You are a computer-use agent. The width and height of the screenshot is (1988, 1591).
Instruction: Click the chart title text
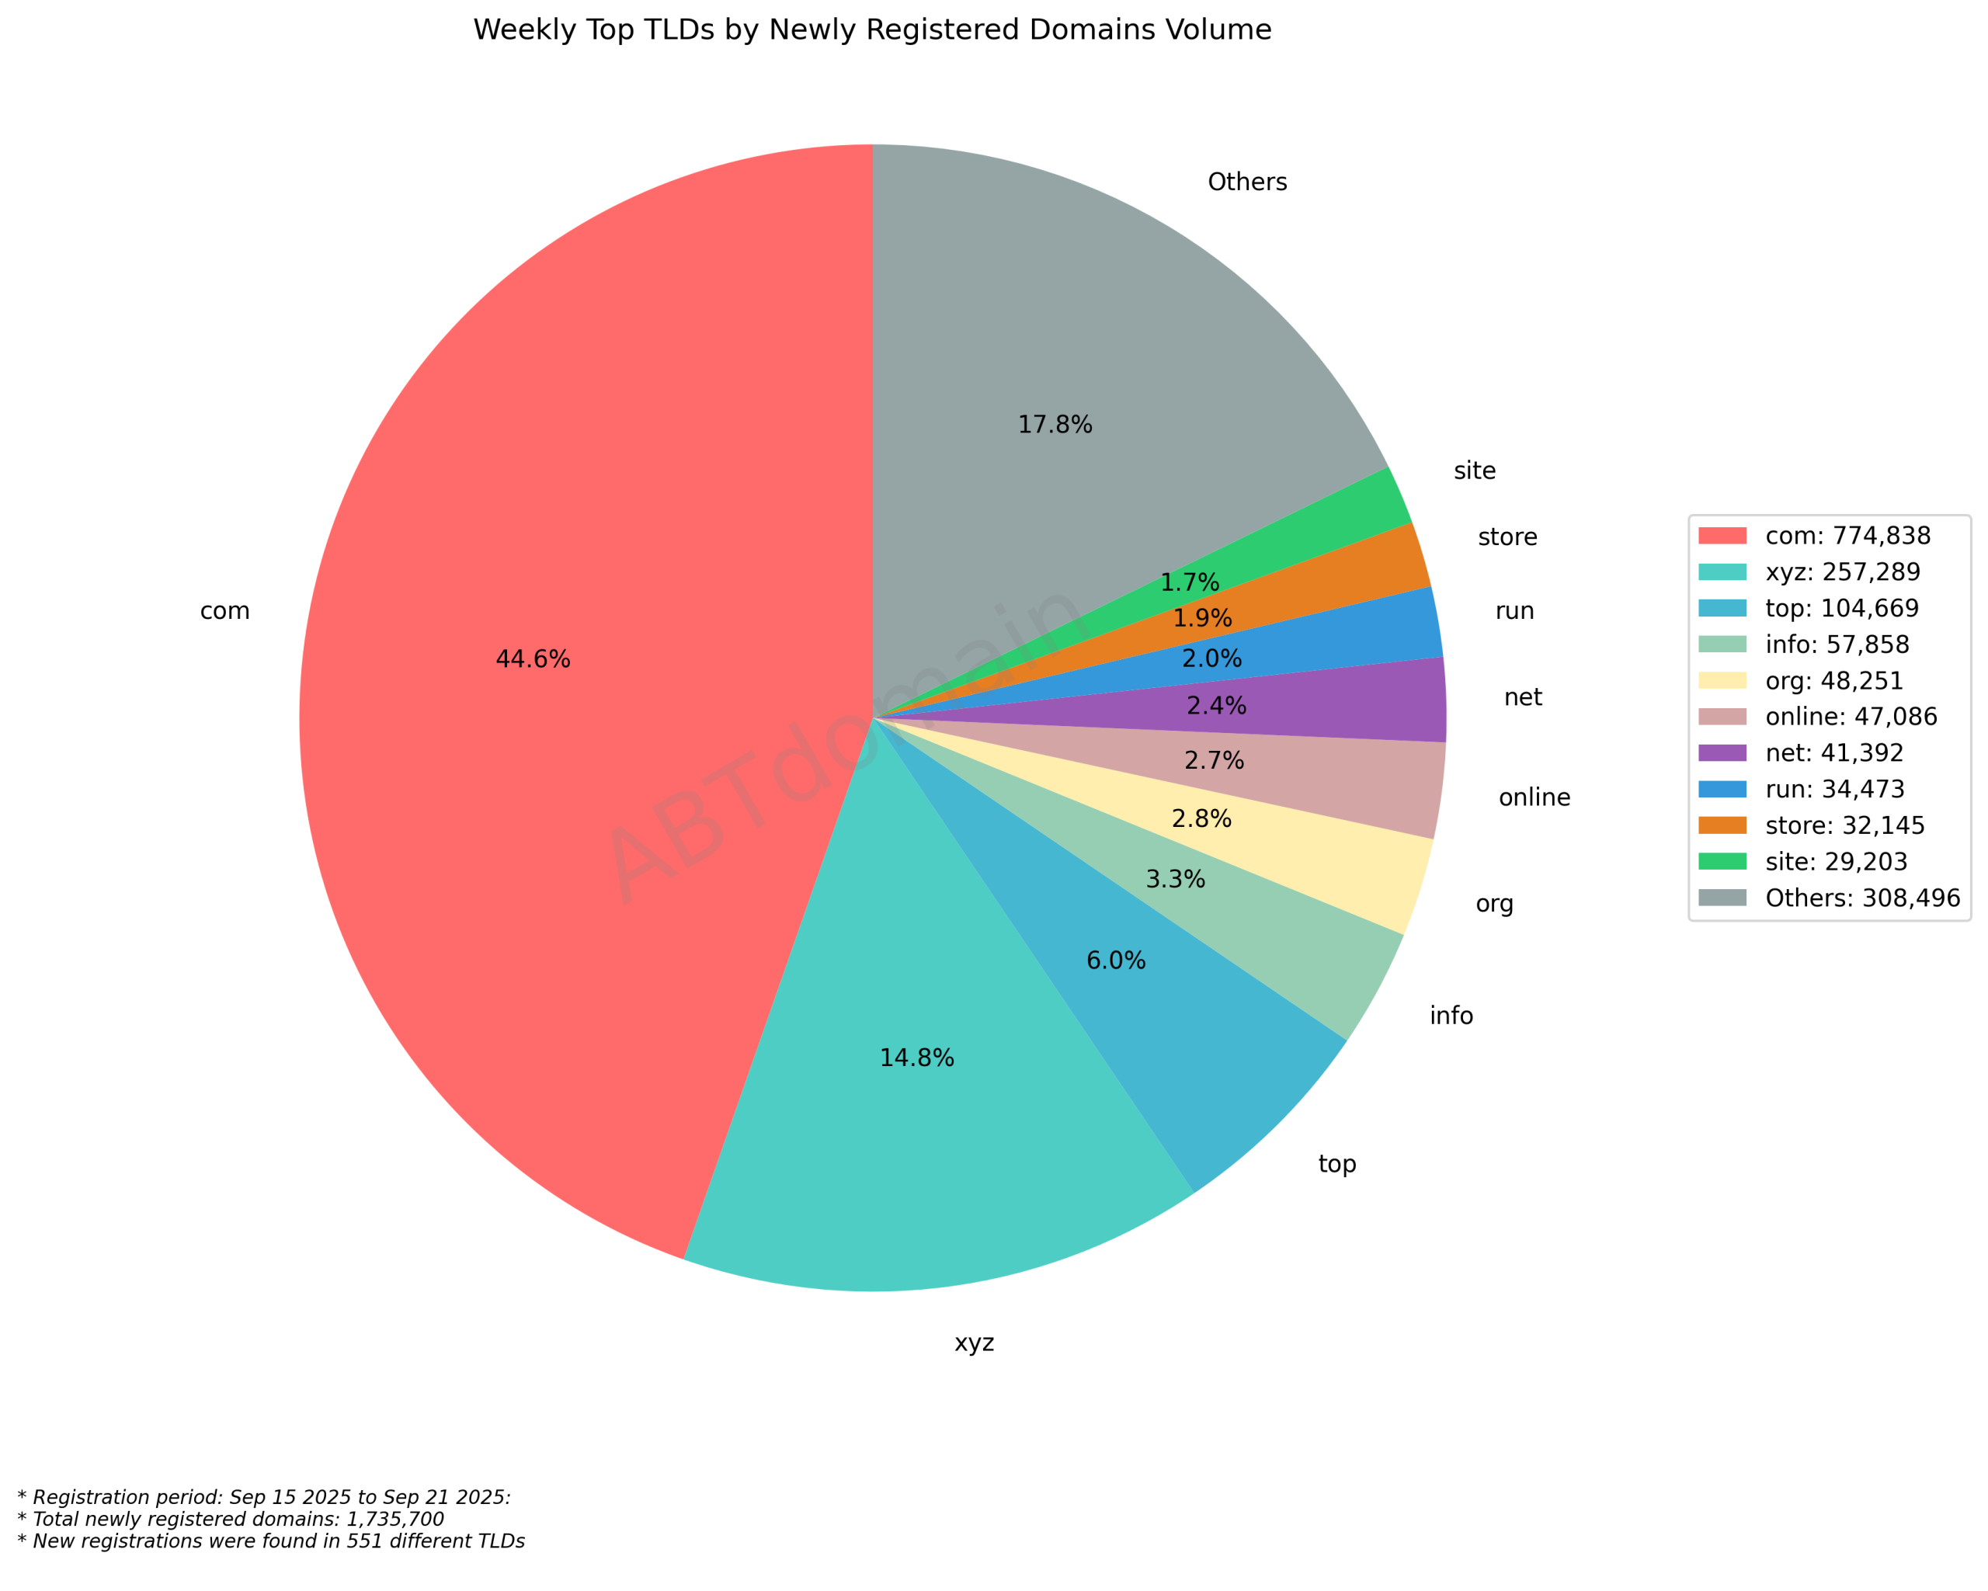coord(871,30)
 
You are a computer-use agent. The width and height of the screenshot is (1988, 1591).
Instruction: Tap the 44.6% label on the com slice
coord(533,659)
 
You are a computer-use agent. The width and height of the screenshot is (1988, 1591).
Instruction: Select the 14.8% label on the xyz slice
coord(916,1058)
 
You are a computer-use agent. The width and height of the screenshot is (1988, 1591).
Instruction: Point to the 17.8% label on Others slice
coord(1055,424)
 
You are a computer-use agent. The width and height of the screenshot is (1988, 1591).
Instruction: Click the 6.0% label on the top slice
coord(1116,961)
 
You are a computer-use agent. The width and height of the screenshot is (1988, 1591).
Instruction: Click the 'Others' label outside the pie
coord(1246,182)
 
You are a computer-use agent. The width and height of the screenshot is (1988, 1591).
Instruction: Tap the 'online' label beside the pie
coord(1534,797)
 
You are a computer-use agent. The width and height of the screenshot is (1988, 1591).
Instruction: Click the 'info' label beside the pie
coord(1451,1016)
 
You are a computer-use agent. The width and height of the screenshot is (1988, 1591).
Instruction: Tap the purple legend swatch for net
coord(1722,753)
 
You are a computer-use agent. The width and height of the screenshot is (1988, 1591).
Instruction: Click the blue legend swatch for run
coord(1722,789)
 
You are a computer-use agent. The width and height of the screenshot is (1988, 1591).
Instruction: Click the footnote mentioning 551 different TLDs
coord(271,1542)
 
